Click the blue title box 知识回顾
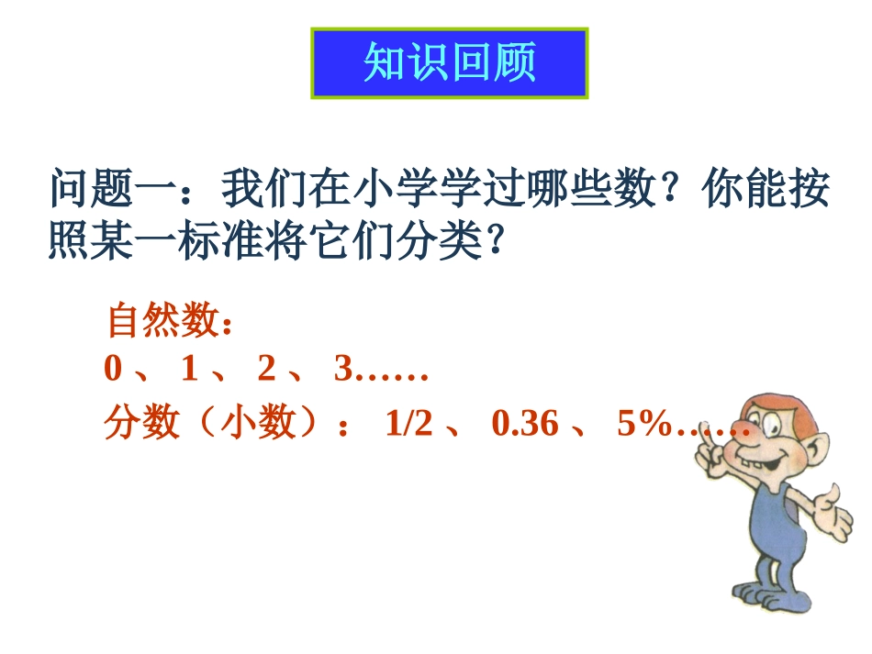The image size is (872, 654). coord(450,62)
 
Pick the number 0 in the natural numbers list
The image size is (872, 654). coord(113,370)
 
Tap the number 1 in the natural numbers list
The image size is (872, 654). coord(189,370)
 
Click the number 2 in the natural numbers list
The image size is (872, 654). coord(266,370)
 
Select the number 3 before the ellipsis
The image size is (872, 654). coord(343,370)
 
